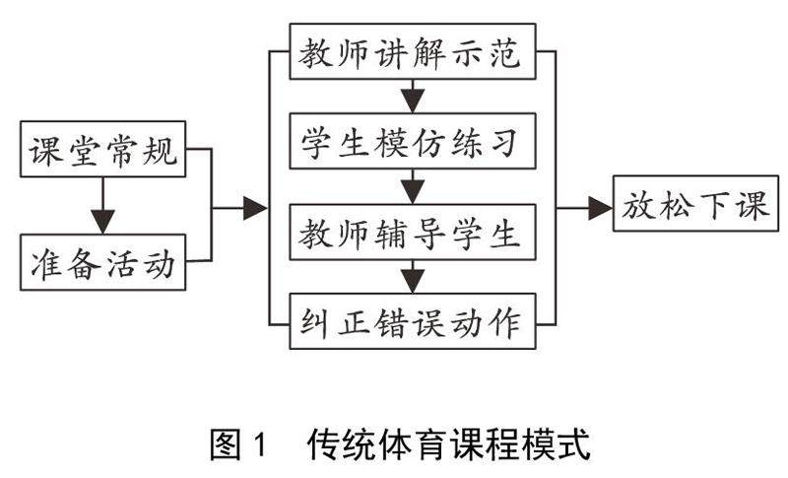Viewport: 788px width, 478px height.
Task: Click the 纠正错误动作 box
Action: pos(413,322)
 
